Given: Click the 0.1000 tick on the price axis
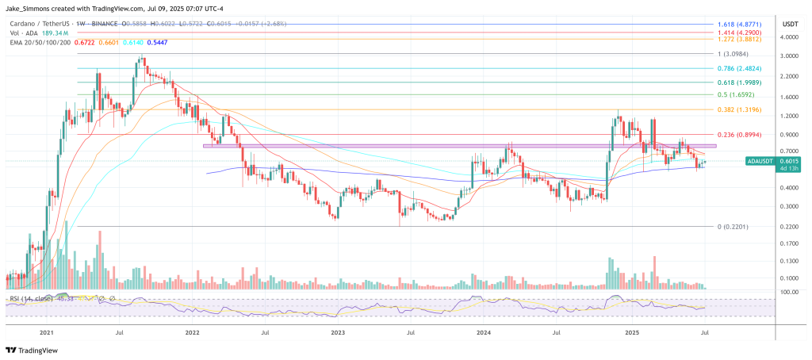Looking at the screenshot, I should [789, 278].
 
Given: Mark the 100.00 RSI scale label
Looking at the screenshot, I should [788, 293].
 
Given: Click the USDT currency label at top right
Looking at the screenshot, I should [789, 24].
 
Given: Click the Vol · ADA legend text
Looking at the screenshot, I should [24, 34].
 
